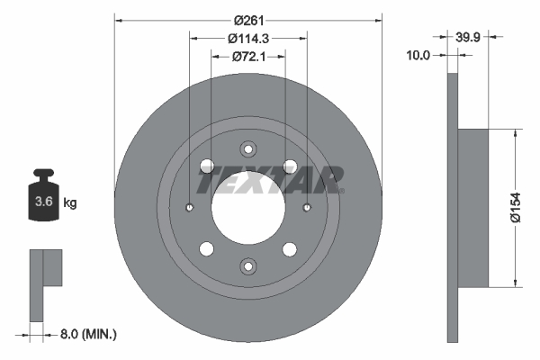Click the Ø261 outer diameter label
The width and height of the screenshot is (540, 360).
pyautogui.click(x=247, y=20)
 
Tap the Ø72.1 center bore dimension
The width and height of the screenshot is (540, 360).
pyautogui.click(x=247, y=57)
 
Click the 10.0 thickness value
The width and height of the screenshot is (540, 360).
pyautogui.click(x=419, y=55)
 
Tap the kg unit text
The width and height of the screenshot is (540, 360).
pyautogui.click(x=70, y=203)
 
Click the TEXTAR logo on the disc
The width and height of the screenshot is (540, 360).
pyautogui.click(x=271, y=180)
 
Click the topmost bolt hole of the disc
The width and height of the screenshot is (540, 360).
pyautogui.click(x=247, y=149)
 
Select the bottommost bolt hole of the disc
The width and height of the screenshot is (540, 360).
pyautogui.click(x=247, y=265)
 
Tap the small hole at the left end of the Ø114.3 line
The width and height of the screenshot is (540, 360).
pyautogui.click(x=190, y=208)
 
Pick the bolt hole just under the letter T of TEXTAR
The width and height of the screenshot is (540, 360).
pyautogui.click(x=206, y=166)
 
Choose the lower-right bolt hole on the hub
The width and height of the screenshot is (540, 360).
pyautogui.click(x=289, y=249)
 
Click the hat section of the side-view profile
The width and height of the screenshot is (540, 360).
pyautogui.click(x=473, y=208)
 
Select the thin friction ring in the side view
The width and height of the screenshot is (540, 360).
pyautogui.click(x=453, y=208)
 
